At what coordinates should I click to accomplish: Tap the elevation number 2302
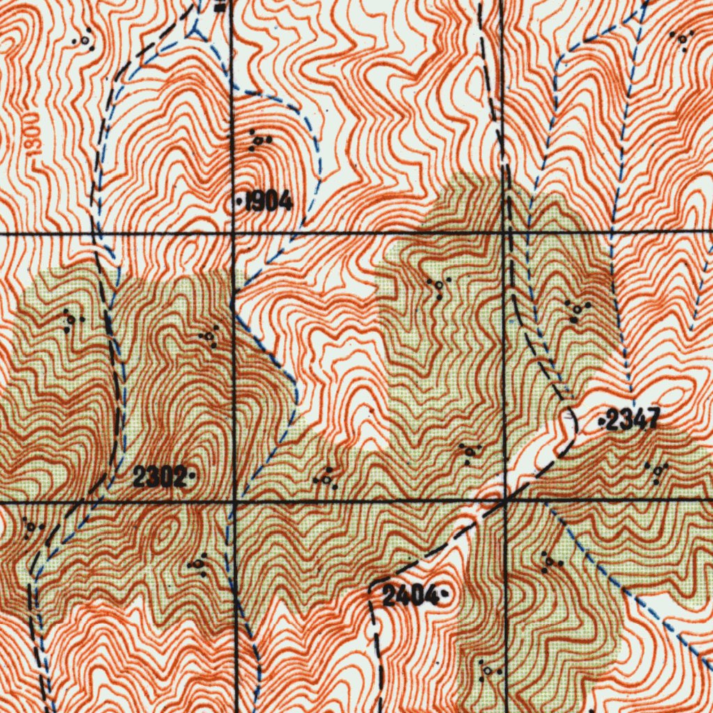(x=159, y=478)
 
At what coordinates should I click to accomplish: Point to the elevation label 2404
(x=410, y=595)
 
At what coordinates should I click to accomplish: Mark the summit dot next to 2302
(x=191, y=478)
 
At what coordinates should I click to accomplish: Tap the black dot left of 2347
(x=602, y=421)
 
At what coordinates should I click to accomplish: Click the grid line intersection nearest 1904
(x=232, y=234)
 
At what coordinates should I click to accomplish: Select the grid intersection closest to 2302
(x=235, y=501)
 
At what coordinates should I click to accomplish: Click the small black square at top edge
(x=221, y=7)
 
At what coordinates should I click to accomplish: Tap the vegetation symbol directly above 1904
(x=258, y=141)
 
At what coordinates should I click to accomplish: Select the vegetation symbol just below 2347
(x=657, y=471)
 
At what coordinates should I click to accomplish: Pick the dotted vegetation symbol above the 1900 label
(x=84, y=38)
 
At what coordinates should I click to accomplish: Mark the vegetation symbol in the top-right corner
(x=682, y=39)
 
